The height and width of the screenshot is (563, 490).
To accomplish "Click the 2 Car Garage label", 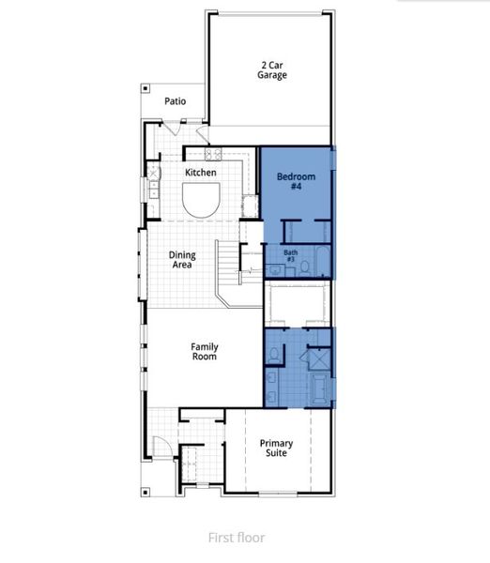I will point(272,70).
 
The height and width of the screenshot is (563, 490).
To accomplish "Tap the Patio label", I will point(176,101).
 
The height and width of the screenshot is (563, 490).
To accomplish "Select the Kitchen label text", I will point(201,173).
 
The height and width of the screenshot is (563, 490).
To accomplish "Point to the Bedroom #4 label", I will point(296,182).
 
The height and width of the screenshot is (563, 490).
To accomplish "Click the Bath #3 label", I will point(291,254).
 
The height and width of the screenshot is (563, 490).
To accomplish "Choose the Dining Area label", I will point(182,260).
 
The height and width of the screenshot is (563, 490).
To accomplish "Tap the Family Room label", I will point(205,351).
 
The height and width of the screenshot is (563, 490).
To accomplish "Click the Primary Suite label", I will point(276,449).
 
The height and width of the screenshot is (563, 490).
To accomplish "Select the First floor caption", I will point(237,538).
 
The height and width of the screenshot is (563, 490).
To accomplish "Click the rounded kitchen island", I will point(201,199).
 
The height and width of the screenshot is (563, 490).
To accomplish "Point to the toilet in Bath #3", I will point(304,268).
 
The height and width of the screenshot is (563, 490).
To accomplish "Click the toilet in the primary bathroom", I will point(273,355).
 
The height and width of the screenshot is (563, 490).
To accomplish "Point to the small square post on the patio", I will point(145,88).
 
